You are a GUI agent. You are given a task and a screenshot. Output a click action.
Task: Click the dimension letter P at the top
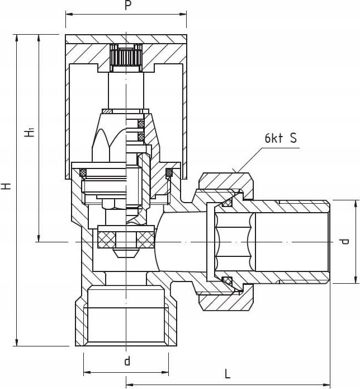[127, 6]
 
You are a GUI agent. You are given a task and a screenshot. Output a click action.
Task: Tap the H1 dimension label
[30, 132]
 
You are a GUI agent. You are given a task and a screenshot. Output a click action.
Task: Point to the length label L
[227, 374]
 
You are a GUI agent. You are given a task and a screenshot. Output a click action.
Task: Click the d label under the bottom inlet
[127, 361]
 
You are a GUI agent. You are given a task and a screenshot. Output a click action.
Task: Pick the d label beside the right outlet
[344, 241]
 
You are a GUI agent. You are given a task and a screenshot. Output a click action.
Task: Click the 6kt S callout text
[281, 138]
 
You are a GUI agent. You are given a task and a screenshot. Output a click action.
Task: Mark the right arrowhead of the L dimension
[326, 385]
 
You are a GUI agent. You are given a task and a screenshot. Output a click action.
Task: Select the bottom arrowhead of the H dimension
[17, 343]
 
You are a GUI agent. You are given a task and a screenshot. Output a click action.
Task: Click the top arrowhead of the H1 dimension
[39, 38]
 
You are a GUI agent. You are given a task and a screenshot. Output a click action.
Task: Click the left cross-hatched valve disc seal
[107, 240]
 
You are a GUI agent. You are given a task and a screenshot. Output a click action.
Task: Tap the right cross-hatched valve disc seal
[145, 240]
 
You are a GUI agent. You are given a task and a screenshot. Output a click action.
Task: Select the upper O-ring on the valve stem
[141, 124]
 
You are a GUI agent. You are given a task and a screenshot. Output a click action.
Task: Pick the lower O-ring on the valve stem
[141, 137]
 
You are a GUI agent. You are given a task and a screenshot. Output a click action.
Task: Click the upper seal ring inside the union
[227, 203]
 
